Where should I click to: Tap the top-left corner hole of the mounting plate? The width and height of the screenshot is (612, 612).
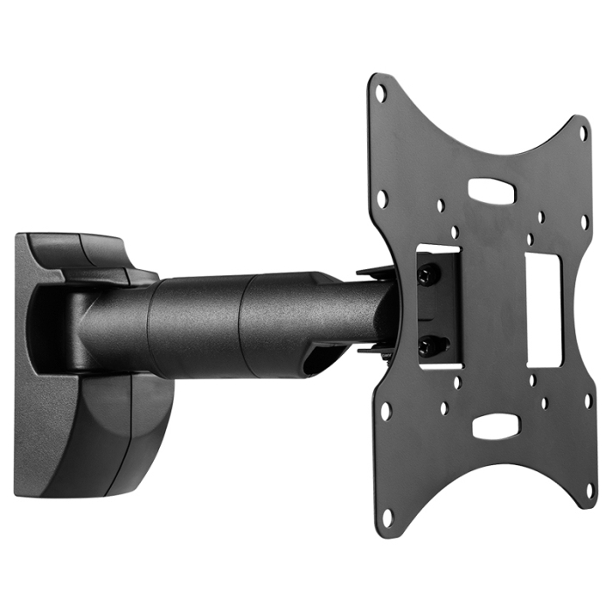[x=380, y=90]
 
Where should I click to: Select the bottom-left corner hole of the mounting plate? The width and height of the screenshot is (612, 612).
[x=386, y=518]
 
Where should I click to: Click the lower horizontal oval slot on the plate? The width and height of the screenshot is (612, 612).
[x=496, y=426]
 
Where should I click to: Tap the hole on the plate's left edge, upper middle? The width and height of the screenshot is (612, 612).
[x=382, y=198]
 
